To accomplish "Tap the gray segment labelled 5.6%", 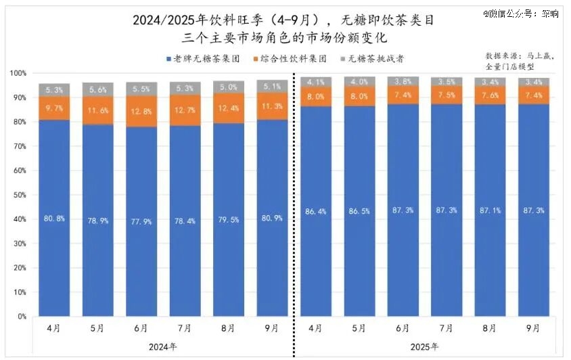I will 98,89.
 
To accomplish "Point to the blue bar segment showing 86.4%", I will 317,211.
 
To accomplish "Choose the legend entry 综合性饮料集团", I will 285,60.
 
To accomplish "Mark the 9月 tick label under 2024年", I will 271,328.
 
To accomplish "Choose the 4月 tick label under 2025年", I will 315,328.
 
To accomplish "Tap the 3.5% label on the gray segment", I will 447,82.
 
